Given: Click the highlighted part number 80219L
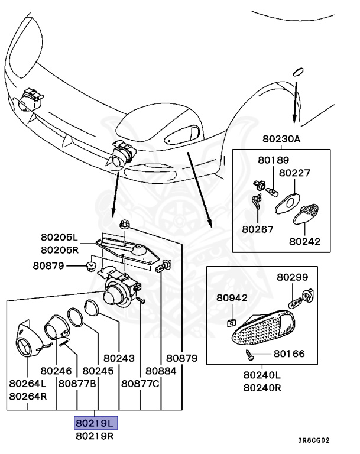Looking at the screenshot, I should click(x=96, y=423).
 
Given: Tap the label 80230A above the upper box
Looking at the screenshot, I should click(x=282, y=140).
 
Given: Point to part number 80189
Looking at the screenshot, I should click(x=273, y=160).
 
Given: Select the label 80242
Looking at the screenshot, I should click(x=304, y=241).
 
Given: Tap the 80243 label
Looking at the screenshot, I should click(x=119, y=358).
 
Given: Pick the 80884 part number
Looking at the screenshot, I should click(x=161, y=371).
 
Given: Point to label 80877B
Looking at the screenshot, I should click(x=77, y=383).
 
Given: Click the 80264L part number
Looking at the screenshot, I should click(x=28, y=383).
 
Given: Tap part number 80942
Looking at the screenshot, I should click(x=232, y=298).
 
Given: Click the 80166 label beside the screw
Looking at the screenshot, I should click(x=289, y=354).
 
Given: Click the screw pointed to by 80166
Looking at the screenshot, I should click(x=250, y=355).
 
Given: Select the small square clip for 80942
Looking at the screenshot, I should click(x=232, y=322).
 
